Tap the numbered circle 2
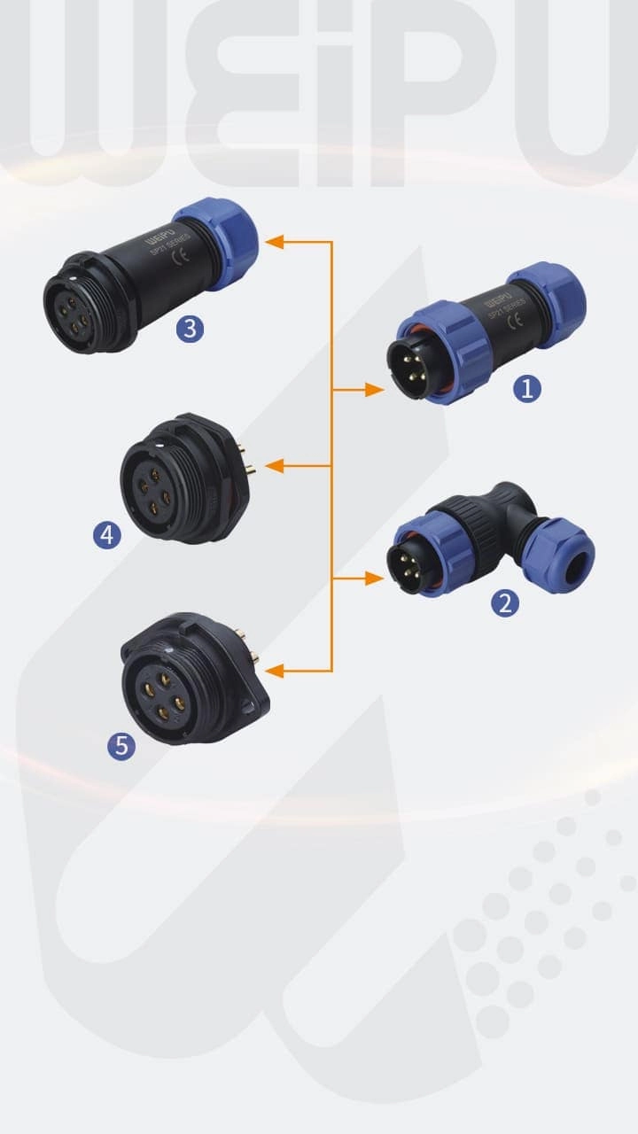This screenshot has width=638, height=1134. (x=505, y=603)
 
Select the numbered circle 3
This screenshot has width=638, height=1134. (x=190, y=330)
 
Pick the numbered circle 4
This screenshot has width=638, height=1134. (x=107, y=534)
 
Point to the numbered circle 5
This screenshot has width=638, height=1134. (x=121, y=746)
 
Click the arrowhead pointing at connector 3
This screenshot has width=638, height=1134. (x=275, y=241)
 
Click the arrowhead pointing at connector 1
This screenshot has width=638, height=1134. (x=376, y=389)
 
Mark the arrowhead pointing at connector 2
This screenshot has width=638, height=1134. (x=376, y=579)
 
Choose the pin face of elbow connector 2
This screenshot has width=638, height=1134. (x=409, y=563)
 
